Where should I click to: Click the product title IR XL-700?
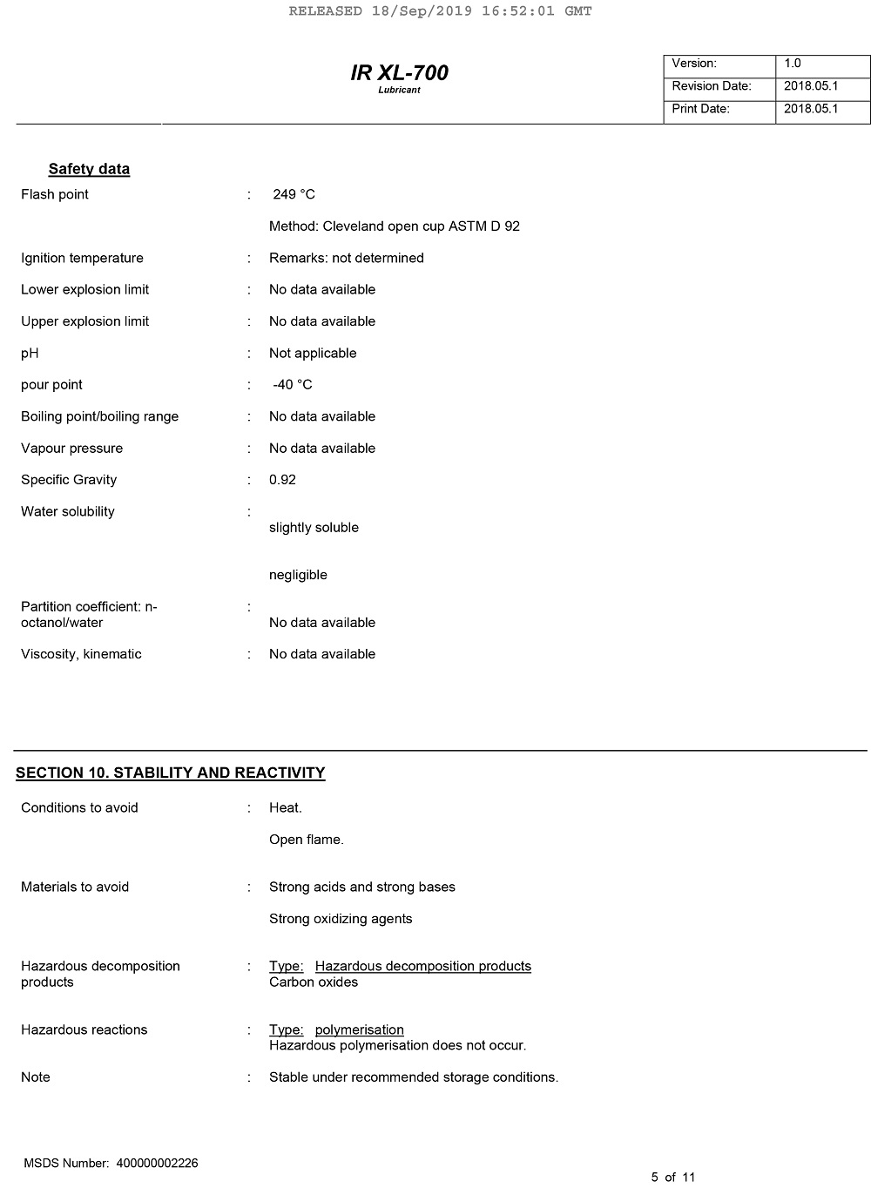pyautogui.click(x=399, y=73)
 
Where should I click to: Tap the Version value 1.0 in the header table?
pyautogui.click(x=793, y=64)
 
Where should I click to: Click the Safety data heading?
pyautogui.click(x=89, y=170)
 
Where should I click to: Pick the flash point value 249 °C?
pyautogui.click(x=294, y=194)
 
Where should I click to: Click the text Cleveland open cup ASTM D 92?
pyautogui.click(x=422, y=226)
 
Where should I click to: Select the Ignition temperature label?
pyautogui.click(x=82, y=258)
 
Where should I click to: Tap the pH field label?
pyautogui.click(x=30, y=354)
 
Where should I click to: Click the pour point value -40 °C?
pyautogui.click(x=293, y=385)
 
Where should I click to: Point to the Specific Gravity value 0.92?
pyautogui.click(x=282, y=480)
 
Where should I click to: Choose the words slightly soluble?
pyautogui.click(x=314, y=528)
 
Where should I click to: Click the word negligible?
pyautogui.click(x=298, y=575)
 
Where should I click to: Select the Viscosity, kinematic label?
pyautogui.click(x=81, y=654)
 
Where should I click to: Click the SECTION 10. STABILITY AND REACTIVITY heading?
pyautogui.click(x=171, y=773)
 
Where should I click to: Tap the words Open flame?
pyautogui.click(x=307, y=840)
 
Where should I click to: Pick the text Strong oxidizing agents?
pyautogui.click(x=341, y=919)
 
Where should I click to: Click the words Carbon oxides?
pyautogui.click(x=314, y=982)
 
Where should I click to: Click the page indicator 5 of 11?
pyautogui.click(x=673, y=1178)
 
